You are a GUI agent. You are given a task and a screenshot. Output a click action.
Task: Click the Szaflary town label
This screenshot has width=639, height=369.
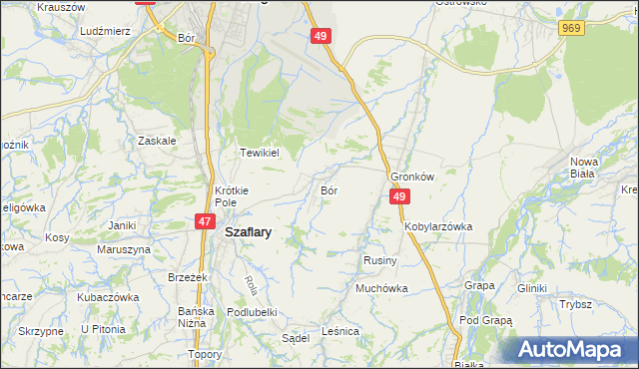[x=250, y=230]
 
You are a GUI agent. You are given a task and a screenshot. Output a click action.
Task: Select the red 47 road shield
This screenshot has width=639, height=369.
[x=204, y=221]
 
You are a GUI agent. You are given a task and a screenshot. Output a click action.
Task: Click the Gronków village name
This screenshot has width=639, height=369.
[x=413, y=177]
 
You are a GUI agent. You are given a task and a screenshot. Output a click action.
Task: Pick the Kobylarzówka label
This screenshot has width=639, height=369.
[x=438, y=226]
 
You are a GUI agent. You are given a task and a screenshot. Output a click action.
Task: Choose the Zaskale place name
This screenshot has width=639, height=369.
[x=157, y=141]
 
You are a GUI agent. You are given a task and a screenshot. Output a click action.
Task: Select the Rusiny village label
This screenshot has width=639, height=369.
[x=379, y=260]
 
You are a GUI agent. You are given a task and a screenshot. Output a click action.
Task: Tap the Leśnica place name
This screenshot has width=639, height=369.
[x=339, y=330]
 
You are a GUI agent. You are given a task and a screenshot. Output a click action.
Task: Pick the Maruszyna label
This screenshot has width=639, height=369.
[x=116, y=249]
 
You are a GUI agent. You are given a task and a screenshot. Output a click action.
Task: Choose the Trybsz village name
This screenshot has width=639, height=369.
[x=576, y=305]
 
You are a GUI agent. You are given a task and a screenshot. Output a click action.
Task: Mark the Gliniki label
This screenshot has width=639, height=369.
[x=532, y=288]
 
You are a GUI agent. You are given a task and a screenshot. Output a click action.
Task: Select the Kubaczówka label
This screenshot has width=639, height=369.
[x=107, y=297]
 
